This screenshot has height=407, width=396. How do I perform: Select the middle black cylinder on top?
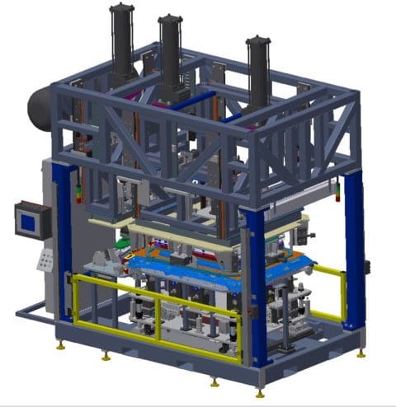tap(171, 49)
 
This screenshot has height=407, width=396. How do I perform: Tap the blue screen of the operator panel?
tap(27, 220)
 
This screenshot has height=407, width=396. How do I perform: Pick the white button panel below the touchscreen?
tap(44, 259)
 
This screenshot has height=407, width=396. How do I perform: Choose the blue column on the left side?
tap(62, 239)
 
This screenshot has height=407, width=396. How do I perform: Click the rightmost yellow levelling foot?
tap(361, 353)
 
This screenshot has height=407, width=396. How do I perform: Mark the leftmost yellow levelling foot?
tap(60, 345)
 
